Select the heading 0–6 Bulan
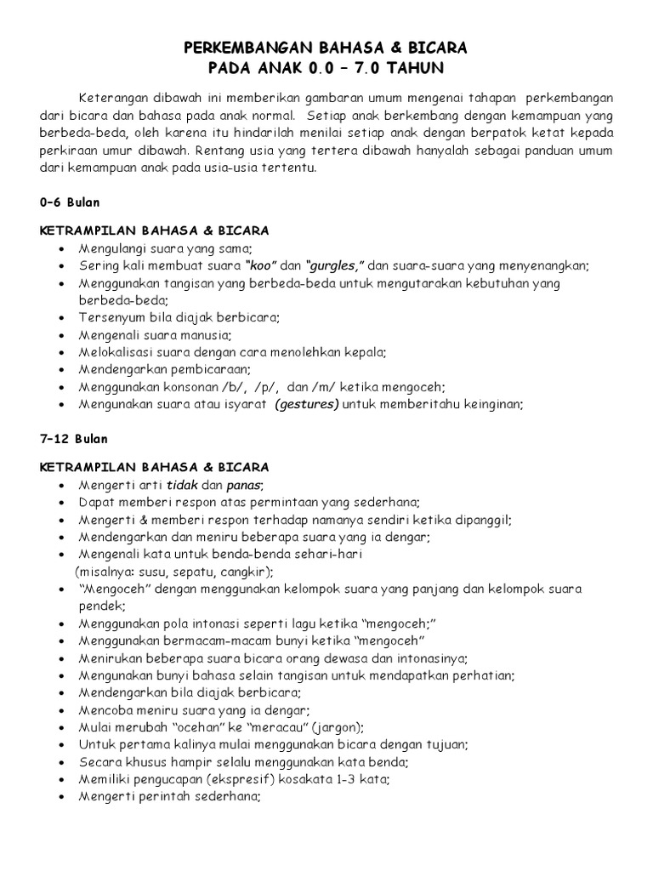[x=70, y=204]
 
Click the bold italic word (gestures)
[x=306, y=405]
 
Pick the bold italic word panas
[x=244, y=485]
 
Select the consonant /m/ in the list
[x=317, y=388]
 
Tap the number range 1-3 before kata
[x=340, y=779]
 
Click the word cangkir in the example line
[x=243, y=572]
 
